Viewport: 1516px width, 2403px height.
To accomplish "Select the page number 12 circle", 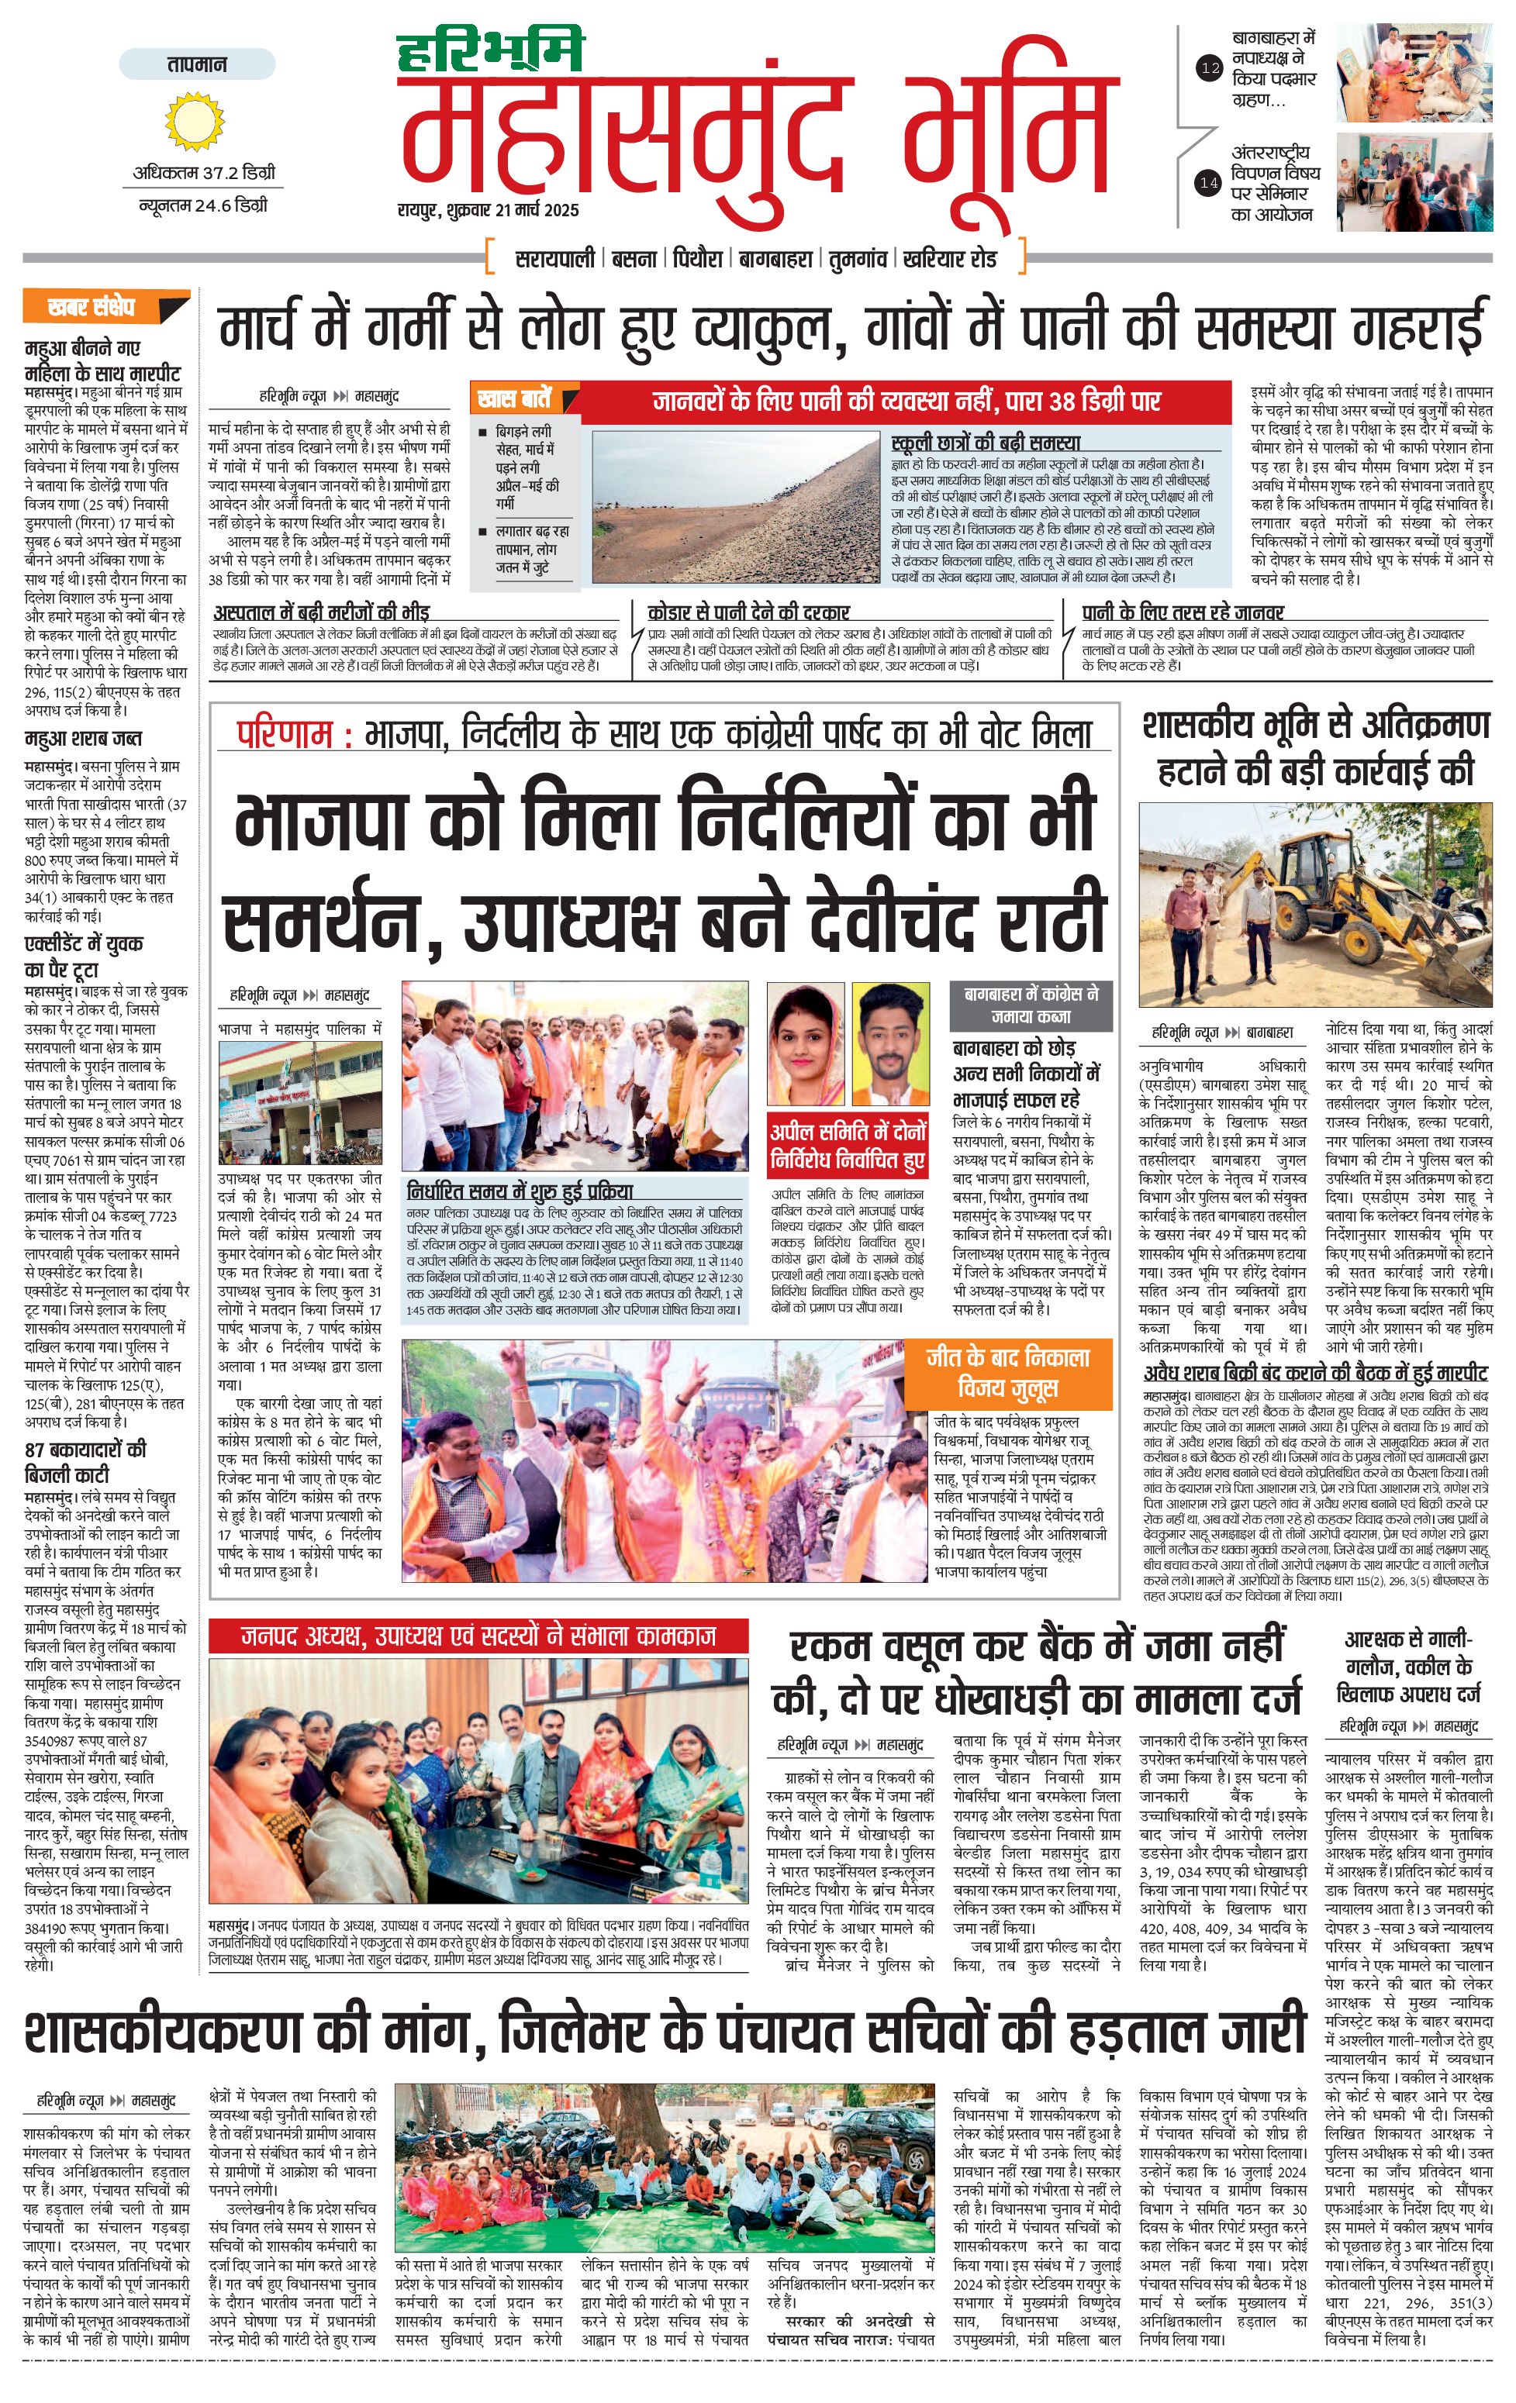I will [x=1209, y=69].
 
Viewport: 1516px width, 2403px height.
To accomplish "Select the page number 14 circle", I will [x=1209, y=183].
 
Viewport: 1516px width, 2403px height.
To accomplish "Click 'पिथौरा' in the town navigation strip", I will [x=696, y=258].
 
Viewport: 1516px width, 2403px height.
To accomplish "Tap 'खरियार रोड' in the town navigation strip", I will [x=949, y=258].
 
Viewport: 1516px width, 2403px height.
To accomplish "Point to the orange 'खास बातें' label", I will [x=514, y=399].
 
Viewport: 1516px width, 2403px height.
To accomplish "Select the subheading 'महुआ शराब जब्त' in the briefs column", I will [x=83, y=740].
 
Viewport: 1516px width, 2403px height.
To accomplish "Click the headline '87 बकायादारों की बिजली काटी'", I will [x=86, y=1462].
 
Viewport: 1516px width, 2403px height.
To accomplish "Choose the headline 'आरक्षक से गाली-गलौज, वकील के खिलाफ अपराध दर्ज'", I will [x=1408, y=1667].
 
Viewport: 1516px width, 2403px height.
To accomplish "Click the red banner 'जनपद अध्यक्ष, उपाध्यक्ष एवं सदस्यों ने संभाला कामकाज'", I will [x=478, y=1636].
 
